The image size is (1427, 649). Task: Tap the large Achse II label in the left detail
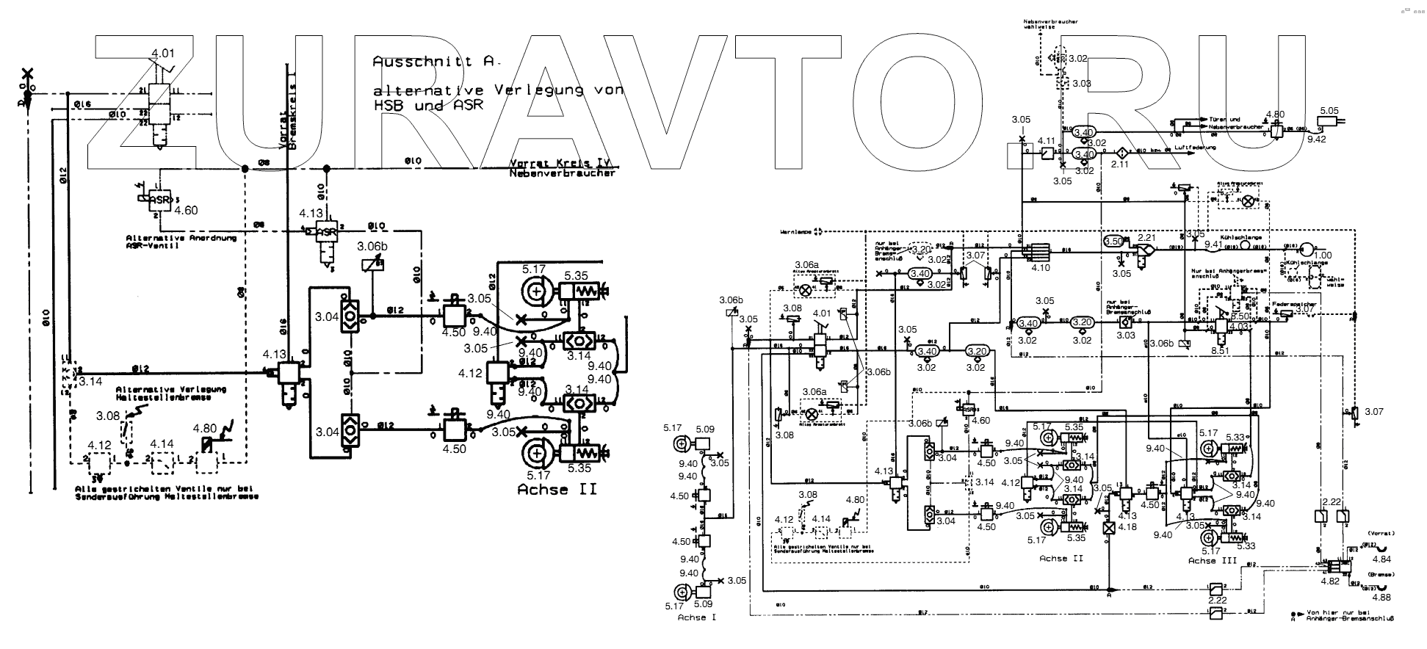click(x=557, y=489)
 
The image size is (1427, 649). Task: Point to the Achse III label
click(x=1213, y=561)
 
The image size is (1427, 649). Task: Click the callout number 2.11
click(x=1120, y=164)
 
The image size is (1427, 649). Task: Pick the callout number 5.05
click(x=1329, y=111)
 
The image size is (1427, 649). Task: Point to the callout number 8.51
click(x=1220, y=351)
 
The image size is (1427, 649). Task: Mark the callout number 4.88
click(x=1387, y=595)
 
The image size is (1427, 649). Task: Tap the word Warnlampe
click(x=796, y=231)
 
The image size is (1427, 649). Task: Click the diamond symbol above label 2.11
click(x=1122, y=152)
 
